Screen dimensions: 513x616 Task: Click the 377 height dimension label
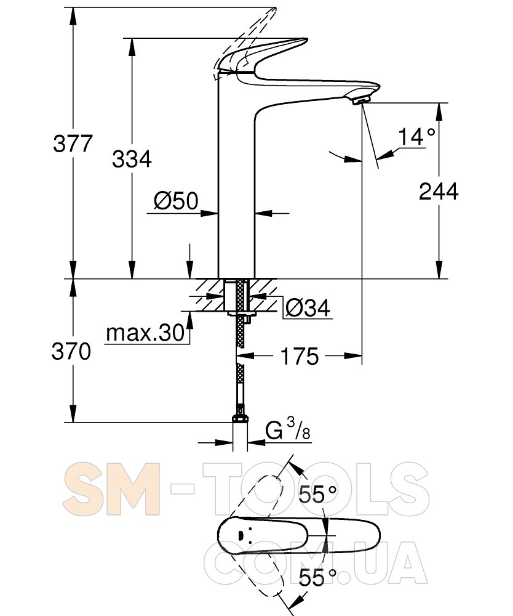tap(73, 144)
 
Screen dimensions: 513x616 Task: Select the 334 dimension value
tap(132, 160)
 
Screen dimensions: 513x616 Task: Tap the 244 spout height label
tap(439, 192)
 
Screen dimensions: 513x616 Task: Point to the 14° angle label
tap(416, 137)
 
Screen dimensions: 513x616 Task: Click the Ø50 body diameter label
tap(176, 201)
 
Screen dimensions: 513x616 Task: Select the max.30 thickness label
tap(145, 333)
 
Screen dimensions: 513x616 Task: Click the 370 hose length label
tap(71, 351)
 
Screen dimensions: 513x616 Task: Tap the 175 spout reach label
tap(299, 357)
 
